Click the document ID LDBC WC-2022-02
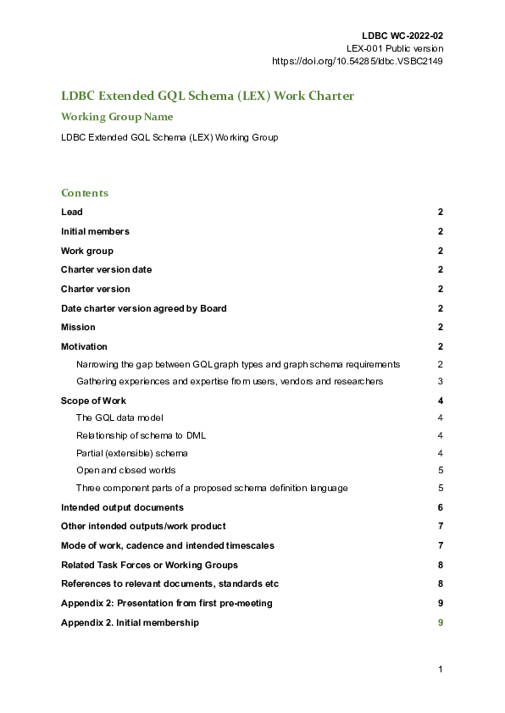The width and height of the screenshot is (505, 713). coord(402,36)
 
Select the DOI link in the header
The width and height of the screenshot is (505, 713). coord(357,61)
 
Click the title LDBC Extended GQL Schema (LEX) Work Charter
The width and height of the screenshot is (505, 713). coord(208,96)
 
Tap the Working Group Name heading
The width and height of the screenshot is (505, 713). coord(117,117)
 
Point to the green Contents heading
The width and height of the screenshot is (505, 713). coord(85,193)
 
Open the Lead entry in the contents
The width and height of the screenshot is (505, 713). coord(72,213)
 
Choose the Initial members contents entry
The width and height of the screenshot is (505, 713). coord(95,231)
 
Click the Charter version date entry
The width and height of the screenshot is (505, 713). coord(106,269)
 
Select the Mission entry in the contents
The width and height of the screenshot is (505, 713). coord(78,327)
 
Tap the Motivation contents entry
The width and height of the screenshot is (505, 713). coord(84,346)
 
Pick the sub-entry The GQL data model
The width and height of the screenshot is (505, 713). coord(119,417)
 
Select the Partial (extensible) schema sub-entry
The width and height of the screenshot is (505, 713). coord(131,453)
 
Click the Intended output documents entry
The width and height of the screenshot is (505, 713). coord(122,507)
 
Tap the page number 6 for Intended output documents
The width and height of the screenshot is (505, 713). coord(441,507)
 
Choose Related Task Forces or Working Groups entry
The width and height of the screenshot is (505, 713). coord(149,565)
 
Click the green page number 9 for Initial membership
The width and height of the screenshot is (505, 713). coord(441,622)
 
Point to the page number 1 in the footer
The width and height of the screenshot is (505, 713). coord(441,670)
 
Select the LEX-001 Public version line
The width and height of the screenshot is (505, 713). coord(395,48)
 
